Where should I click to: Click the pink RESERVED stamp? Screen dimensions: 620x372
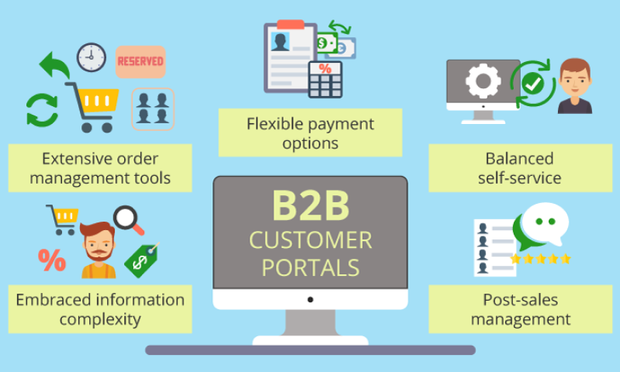click(140, 62)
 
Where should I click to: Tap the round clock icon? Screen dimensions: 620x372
click(91, 57)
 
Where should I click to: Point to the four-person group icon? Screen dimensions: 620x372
click(153, 109)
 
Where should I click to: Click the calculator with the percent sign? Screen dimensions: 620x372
click(325, 80)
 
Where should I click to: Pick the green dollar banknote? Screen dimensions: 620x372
click(327, 43)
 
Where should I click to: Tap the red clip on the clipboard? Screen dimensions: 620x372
click(291, 25)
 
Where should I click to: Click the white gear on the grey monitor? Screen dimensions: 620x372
click(483, 81)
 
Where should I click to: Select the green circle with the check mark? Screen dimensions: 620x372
click(532, 84)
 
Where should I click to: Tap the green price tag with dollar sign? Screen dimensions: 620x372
click(143, 260)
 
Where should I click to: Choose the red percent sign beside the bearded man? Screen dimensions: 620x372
click(52, 260)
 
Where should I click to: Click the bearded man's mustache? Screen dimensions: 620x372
click(98, 252)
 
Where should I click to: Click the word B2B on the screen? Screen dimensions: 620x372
click(311, 205)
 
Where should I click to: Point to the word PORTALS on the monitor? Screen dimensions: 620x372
click(311, 267)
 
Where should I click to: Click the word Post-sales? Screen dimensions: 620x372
click(520, 300)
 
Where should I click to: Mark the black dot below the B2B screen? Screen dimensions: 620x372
click(311, 300)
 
